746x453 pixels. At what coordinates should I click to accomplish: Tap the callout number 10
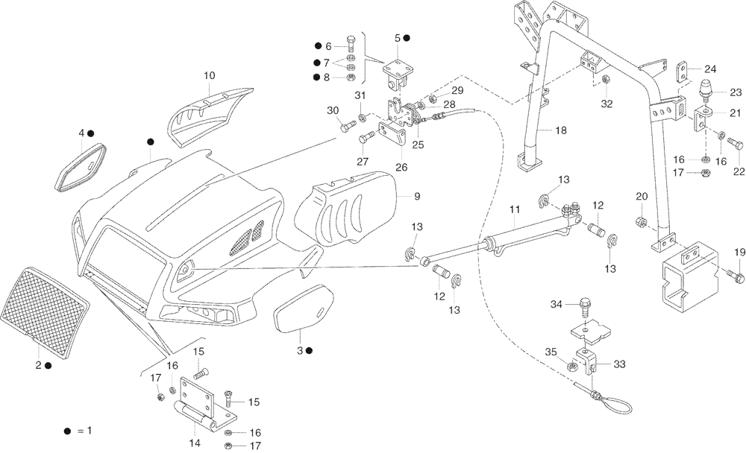pyautogui.click(x=209, y=75)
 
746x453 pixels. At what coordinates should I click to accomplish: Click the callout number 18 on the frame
pyautogui.click(x=560, y=130)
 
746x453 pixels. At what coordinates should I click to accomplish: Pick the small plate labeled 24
pyautogui.click(x=684, y=73)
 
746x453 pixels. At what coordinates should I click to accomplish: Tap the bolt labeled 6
pyautogui.click(x=351, y=44)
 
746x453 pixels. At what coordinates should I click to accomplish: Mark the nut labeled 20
pyautogui.click(x=641, y=221)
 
